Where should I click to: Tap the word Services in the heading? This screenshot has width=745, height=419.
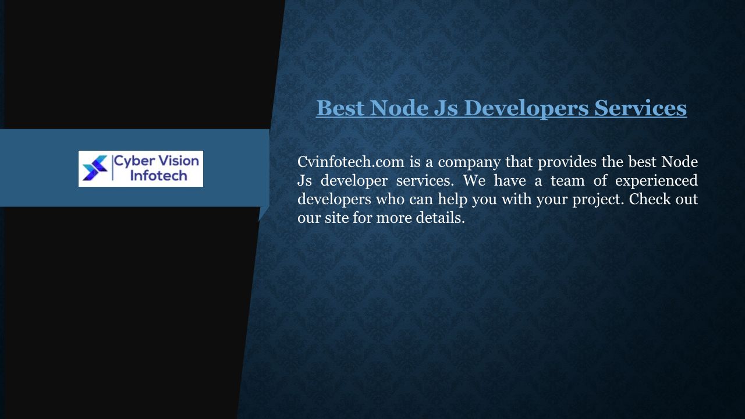[641, 108]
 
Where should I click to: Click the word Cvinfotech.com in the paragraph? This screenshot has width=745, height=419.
[351, 162]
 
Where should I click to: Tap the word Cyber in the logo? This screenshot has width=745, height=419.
[133, 162]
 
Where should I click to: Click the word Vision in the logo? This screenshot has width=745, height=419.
[178, 161]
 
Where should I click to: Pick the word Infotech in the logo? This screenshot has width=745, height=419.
[159, 176]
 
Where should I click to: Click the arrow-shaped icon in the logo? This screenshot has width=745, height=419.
[95, 168]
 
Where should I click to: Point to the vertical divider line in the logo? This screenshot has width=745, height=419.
[113, 168]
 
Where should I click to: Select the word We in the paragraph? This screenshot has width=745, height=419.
[474, 181]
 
